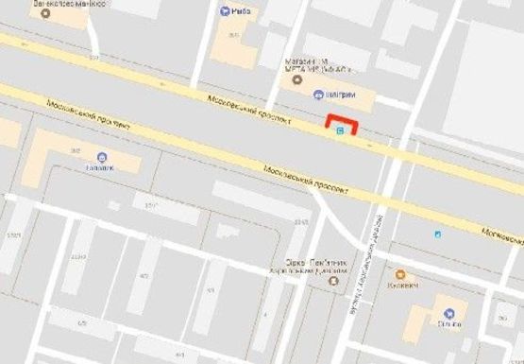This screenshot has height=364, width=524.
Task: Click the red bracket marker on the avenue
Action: (342, 122)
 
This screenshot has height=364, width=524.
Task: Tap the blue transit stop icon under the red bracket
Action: (340, 133)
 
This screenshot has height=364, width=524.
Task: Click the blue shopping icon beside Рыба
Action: (225, 11)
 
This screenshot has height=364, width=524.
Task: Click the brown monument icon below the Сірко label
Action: (333, 281)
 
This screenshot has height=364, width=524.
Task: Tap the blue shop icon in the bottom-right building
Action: (448, 313)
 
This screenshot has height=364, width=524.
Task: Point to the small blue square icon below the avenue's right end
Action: (436, 233)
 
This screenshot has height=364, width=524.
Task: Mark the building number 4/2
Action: (144, 276)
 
